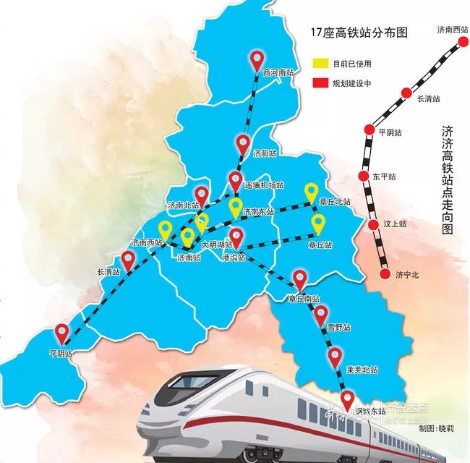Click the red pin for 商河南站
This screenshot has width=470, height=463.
click(256, 60)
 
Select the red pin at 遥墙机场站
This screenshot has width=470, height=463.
click(236, 180)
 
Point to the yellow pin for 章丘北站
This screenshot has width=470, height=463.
click(311, 192)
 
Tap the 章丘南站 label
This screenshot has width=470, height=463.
click(302, 298)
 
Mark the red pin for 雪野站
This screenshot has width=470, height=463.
click(320, 314)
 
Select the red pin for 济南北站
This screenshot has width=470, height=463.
click(202, 195)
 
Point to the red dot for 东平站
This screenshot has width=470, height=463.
click(364, 176)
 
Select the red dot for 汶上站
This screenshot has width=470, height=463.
click(374, 225)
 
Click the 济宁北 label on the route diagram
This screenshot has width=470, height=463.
click(408, 275)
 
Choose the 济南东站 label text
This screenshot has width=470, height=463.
click(258, 212)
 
